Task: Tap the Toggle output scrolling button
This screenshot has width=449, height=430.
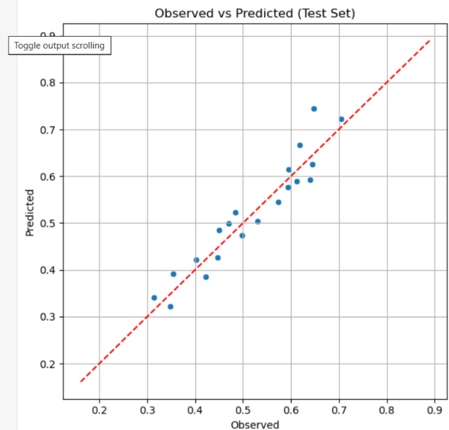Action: (x=60, y=45)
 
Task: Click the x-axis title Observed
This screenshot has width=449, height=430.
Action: (x=255, y=425)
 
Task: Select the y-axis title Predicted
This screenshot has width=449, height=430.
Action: (x=29, y=213)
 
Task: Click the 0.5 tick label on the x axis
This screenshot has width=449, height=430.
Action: (x=243, y=410)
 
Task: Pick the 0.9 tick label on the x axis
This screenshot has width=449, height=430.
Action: (x=435, y=410)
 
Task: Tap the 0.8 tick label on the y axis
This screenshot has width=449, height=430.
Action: (x=48, y=83)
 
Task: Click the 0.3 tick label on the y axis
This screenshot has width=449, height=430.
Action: (x=48, y=317)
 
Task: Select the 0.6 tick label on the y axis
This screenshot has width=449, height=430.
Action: (x=48, y=176)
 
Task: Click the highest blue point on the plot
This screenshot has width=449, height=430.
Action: (x=314, y=109)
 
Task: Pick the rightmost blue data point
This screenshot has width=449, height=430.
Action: (x=342, y=119)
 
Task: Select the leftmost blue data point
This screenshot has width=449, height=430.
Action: (x=154, y=298)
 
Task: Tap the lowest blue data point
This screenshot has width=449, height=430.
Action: (x=170, y=307)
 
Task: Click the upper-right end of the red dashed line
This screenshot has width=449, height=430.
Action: (x=430, y=41)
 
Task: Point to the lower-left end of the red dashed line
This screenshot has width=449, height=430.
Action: (x=81, y=381)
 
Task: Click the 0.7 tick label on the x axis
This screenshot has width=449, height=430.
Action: (x=340, y=410)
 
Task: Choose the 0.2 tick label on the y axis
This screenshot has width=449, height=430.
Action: (x=48, y=364)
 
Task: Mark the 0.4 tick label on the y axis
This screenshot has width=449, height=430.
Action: (x=48, y=270)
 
